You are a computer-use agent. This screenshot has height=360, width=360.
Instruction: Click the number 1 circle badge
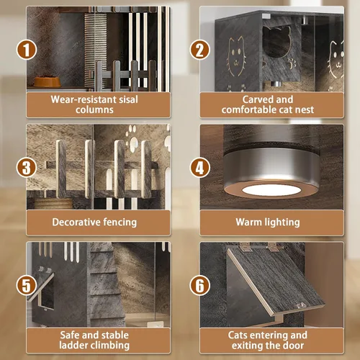pyautogui.click(x=27, y=50)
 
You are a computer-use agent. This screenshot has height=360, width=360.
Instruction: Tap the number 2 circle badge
pyautogui.click(x=199, y=50)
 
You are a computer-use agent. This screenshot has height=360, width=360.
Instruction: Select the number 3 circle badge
pyautogui.click(x=27, y=168)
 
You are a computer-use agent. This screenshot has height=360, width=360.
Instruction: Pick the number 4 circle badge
pyautogui.click(x=199, y=168)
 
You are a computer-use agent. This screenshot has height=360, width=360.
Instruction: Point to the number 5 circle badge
pyautogui.click(x=27, y=285)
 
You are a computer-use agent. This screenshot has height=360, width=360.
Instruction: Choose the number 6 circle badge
pyautogui.click(x=199, y=285)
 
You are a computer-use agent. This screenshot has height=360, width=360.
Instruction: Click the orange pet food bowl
pyautogui.click(x=47, y=81)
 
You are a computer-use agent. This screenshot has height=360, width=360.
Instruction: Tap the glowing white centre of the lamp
pyautogui.click(x=271, y=190)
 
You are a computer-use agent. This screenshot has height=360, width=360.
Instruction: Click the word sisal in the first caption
pyautogui.click(x=127, y=99)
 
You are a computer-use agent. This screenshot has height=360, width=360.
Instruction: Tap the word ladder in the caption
pyautogui.click(x=73, y=346)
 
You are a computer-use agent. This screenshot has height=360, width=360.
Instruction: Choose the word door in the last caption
pyautogui.click(x=294, y=346)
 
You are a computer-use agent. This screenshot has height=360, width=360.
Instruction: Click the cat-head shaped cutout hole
pyautogui.click(x=277, y=42)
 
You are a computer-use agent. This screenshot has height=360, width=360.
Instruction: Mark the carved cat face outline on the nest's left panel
pyautogui.click(x=237, y=57)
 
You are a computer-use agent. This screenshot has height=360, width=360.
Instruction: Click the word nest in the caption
pyautogui.click(x=305, y=109)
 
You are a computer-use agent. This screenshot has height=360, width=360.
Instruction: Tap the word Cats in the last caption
pyautogui.click(x=238, y=335)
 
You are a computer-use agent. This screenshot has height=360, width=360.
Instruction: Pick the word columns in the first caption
pyautogui.click(x=94, y=109)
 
